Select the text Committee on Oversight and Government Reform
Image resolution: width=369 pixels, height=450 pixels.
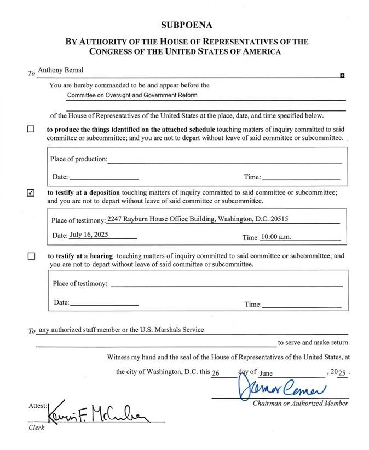(x=132, y=95)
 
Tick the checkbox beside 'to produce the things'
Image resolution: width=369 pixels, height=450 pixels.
(x=31, y=130)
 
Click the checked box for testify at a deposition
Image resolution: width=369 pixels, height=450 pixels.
(x=31, y=192)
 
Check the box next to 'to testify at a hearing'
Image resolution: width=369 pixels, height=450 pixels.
(x=31, y=256)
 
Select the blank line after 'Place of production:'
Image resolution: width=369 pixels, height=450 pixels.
(x=224, y=160)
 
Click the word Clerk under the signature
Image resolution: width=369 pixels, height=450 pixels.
(x=36, y=428)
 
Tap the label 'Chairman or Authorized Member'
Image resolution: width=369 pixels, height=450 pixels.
(x=300, y=403)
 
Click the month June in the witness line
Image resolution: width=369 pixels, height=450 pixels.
(x=266, y=372)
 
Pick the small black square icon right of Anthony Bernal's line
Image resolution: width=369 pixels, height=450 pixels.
(x=342, y=75)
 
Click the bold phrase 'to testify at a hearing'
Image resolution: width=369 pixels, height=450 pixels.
(x=80, y=255)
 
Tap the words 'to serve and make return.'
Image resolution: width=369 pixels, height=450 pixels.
(x=313, y=343)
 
